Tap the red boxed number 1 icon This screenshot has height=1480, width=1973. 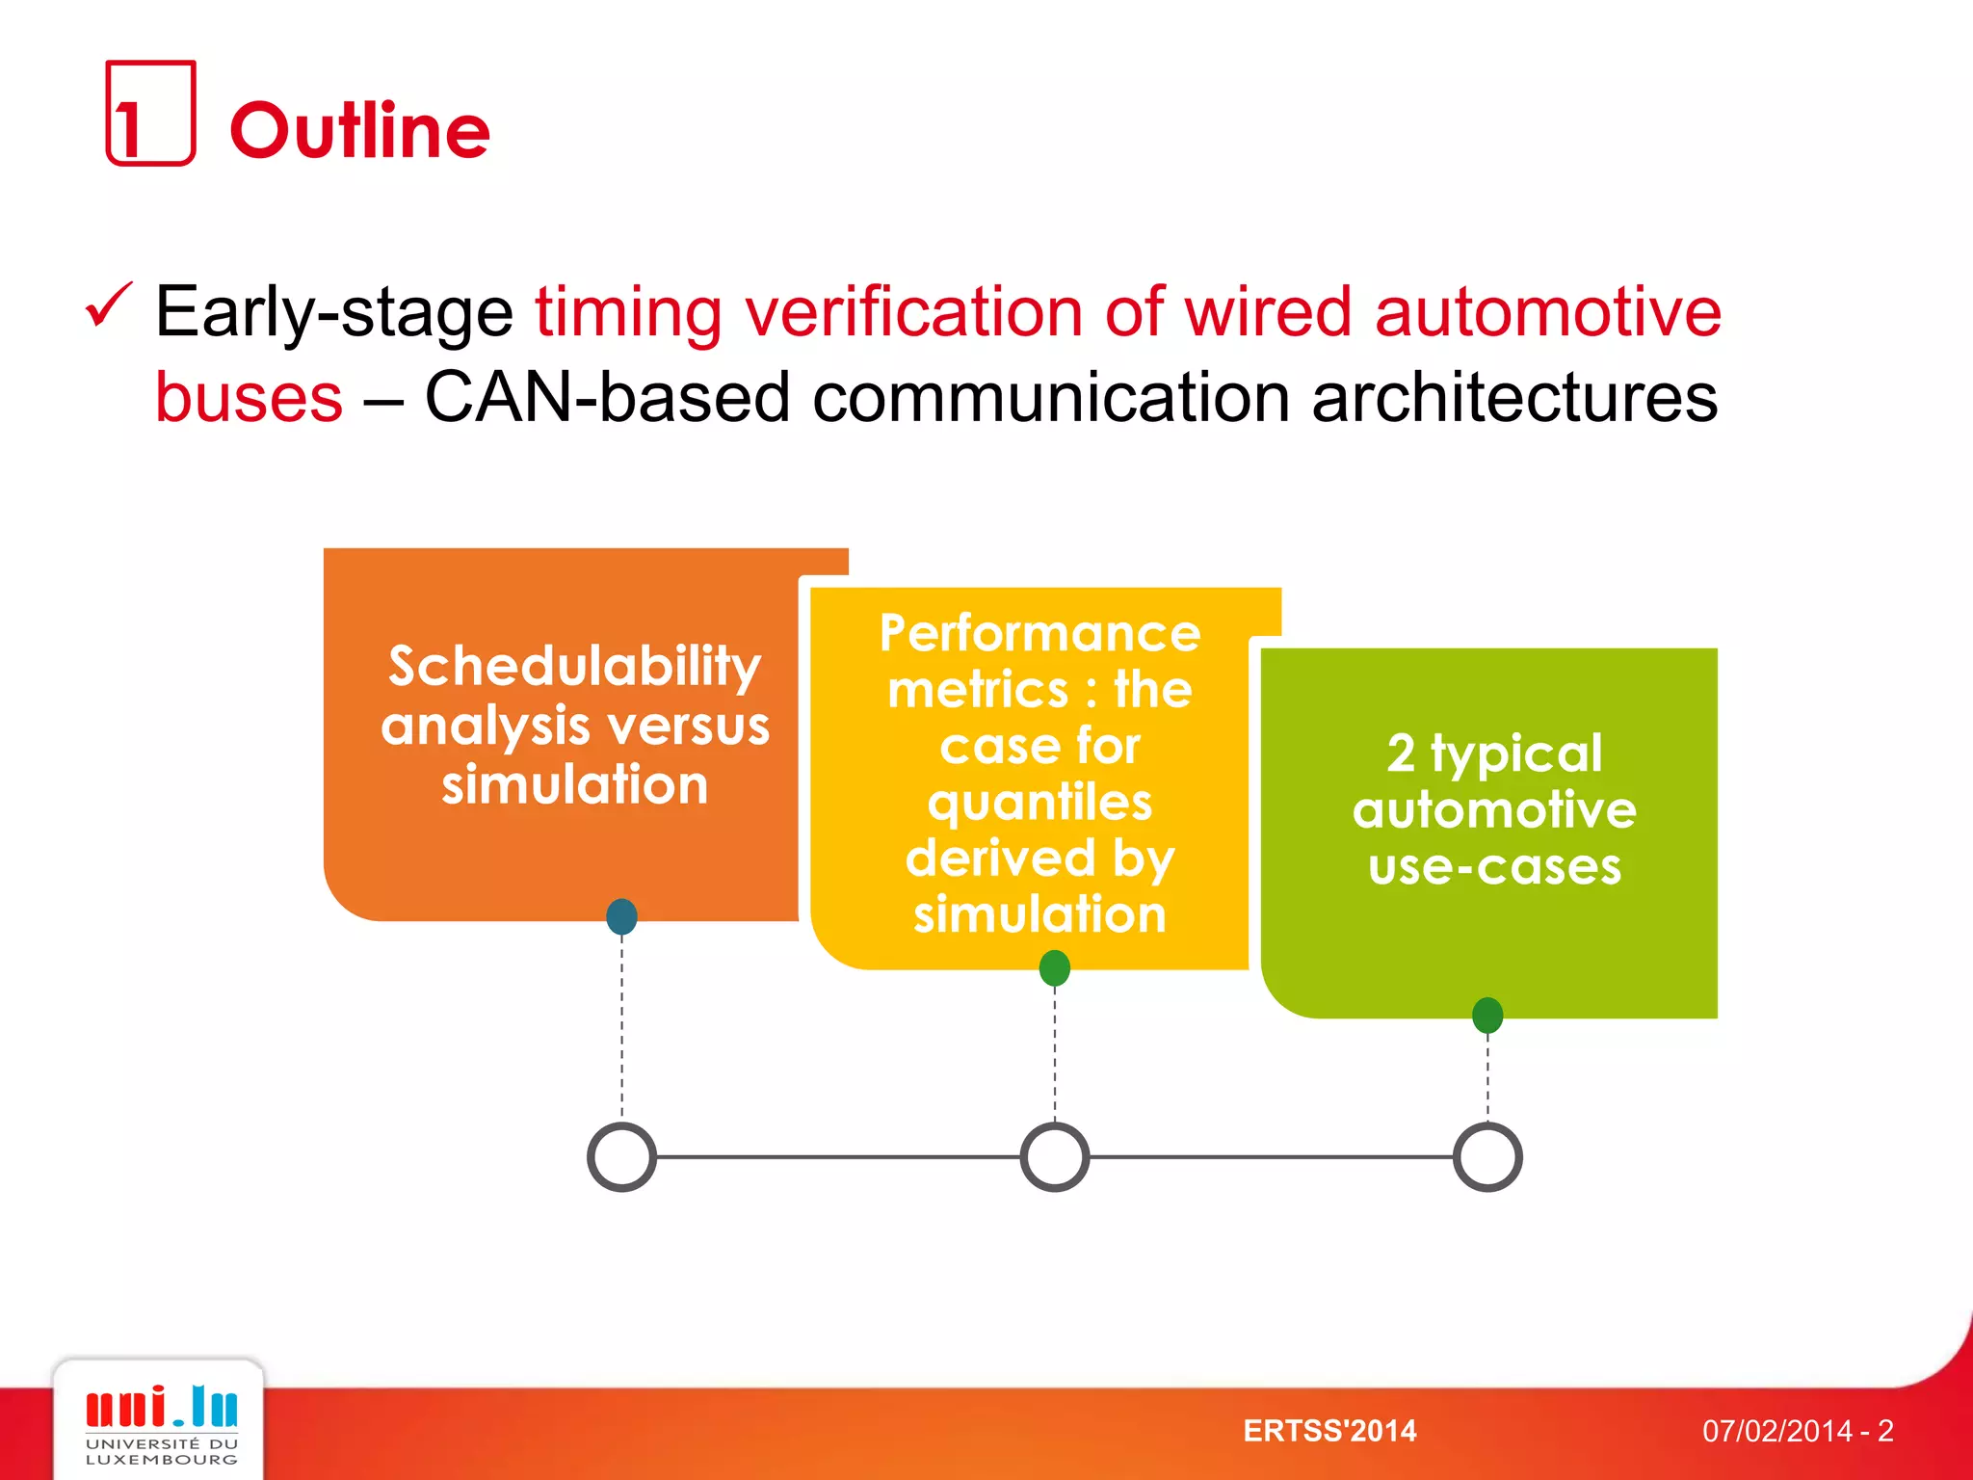(150, 114)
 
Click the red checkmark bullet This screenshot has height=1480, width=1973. (108, 306)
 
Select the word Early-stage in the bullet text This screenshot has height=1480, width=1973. (334, 312)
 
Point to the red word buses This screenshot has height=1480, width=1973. (249, 397)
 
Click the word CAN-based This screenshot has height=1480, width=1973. (607, 397)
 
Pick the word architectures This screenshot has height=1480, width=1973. (1514, 397)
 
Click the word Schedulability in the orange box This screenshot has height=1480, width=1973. (574, 666)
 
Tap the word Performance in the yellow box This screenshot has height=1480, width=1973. (1039, 634)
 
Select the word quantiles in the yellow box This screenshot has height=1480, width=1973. (1039, 803)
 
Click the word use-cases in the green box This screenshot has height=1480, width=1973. (1494, 866)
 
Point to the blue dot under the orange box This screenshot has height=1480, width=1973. (621, 916)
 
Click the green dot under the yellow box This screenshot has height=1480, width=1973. (1055, 967)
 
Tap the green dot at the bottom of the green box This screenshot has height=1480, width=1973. (1487, 1015)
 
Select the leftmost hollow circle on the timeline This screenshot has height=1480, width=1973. (621, 1156)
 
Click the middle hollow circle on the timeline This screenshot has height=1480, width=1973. (1055, 1156)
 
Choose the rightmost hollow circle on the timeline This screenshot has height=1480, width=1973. (1487, 1156)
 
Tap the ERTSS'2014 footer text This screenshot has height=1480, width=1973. (1329, 1431)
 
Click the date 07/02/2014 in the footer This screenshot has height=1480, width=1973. (1776, 1431)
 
